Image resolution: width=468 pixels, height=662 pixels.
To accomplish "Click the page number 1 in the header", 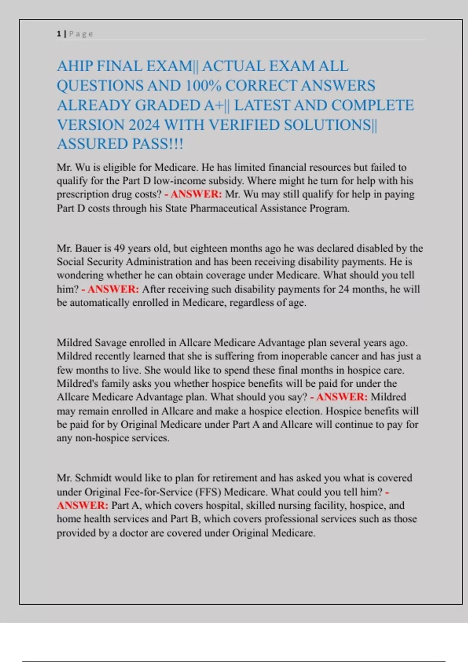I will point(59,34).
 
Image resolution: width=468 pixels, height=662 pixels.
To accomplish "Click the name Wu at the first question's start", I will point(82,167).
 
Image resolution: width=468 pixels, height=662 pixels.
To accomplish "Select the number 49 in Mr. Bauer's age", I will point(119,248).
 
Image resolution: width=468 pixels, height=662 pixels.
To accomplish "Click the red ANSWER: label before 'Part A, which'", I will point(82,505).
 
